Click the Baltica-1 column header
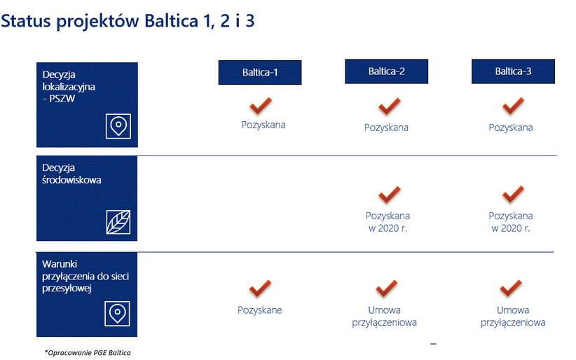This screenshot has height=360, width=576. (260, 72)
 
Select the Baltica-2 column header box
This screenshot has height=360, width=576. (386, 71)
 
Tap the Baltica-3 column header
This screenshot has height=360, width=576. (513, 71)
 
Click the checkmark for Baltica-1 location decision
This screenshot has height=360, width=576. (261, 106)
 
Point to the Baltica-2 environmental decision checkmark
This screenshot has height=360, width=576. (390, 195)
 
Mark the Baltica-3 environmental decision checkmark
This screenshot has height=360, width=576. (513, 194)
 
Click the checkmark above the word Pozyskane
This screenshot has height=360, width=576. (260, 289)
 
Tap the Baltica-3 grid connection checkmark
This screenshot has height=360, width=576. (511, 289)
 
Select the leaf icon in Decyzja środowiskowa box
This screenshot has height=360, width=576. (118, 222)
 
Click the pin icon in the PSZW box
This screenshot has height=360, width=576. (118, 126)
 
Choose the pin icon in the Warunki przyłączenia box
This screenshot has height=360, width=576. (117, 314)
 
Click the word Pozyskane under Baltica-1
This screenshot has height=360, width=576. (260, 310)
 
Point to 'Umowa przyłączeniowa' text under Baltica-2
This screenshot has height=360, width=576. (384, 317)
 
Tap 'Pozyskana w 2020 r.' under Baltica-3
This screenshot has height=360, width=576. (511, 222)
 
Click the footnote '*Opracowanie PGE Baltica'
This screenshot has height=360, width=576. (88, 353)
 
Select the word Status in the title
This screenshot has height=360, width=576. (26, 20)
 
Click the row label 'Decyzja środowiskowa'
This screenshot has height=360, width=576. (71, 174)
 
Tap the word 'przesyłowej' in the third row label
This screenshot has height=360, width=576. (67, 289)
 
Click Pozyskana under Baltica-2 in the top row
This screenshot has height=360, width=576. (386, 127)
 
